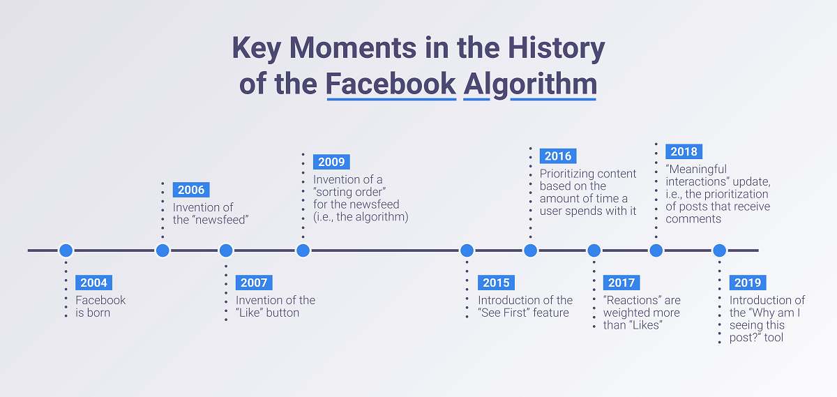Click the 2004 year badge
click(x=93, y=283)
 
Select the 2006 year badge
click(x=191, y=190)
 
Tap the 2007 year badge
click(x=254, y=283)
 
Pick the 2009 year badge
click(x=331, y=162)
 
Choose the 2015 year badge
click(x=496, y=283)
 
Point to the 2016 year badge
click(x=558, y=156)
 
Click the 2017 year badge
click(x=621, y=283)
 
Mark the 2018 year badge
click(x=684, y=151)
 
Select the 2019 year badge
click(x=748, y=283)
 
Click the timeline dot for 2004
click(x=66, y=250)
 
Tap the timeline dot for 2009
click(x=303, y=250)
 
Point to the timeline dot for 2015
click(x=467, y=250)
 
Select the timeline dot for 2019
click(x=719, y=250)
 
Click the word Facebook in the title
click(x=391, y=84)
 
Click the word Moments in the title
click(x=353, y=48)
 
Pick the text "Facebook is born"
click(x=100, y=306)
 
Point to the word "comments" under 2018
click(x=693, y=219)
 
